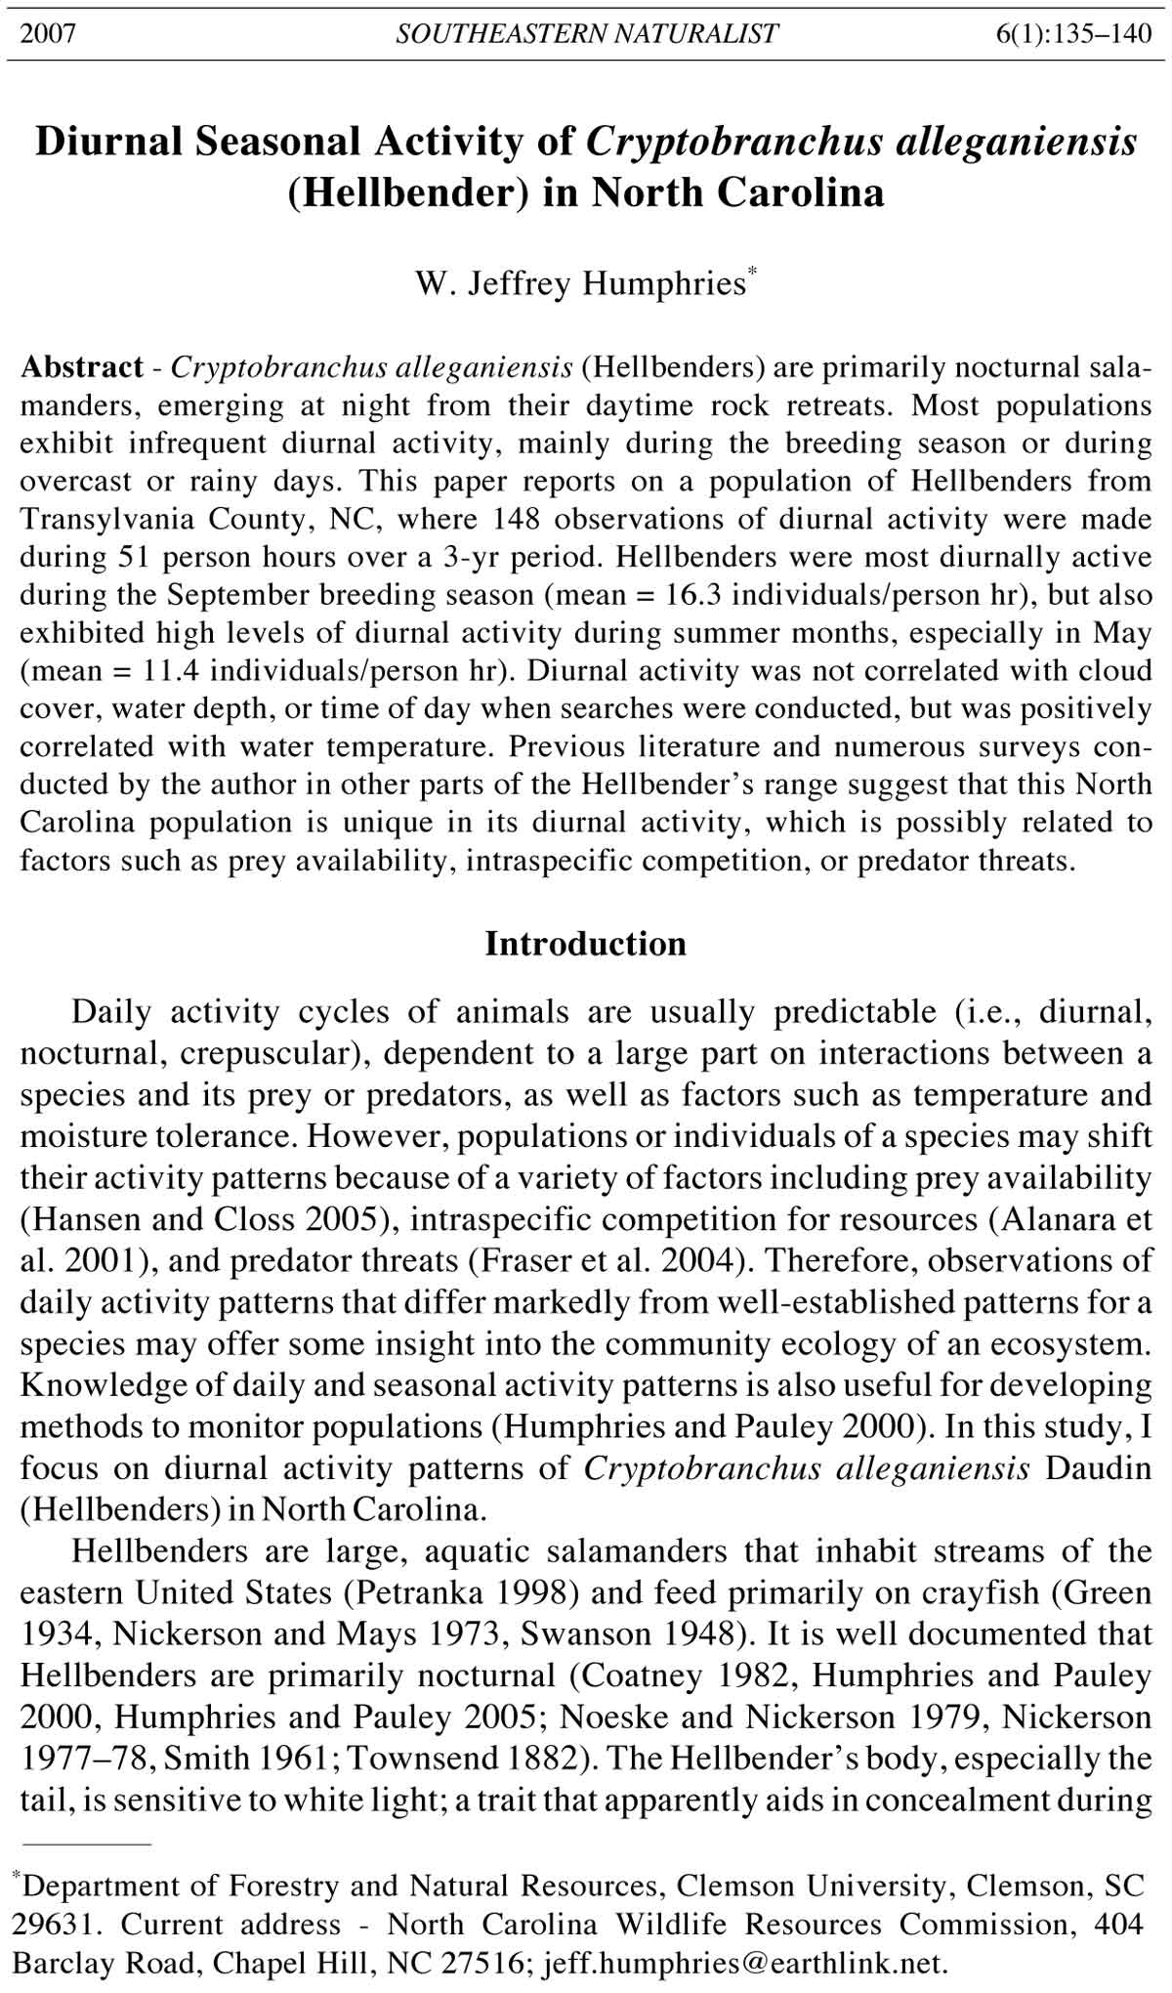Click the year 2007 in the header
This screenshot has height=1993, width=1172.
49,34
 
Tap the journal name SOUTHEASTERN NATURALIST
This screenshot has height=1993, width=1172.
586,34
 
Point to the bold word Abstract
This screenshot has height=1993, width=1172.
82,367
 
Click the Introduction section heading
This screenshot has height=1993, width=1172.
585,944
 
